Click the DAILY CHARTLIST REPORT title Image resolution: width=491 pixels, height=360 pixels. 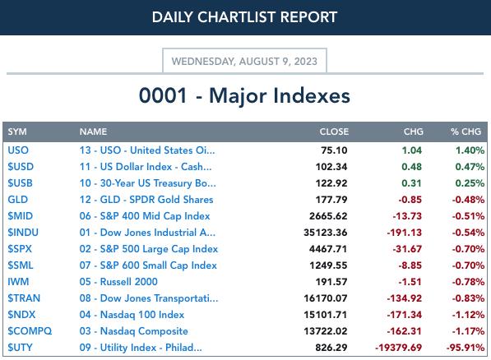pos(244,17)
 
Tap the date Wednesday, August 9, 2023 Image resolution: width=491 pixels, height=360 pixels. pos(244,61)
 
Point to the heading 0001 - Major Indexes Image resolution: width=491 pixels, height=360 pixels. pos(244,95)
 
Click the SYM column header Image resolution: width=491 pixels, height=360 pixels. pos(17,132)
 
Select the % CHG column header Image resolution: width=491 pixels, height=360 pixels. pos(466,132)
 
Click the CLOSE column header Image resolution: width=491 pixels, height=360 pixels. pos(334,132)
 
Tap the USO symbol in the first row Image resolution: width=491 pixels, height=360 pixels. pos(18,150)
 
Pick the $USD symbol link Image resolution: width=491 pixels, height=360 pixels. pos(21,167)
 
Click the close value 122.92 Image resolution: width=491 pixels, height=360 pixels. pos(331,183)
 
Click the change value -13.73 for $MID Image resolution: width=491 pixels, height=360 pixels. pos(407,216)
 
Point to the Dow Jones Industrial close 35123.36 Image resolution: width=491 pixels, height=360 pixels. pos(326,233)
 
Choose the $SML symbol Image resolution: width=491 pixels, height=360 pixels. pos(21,265)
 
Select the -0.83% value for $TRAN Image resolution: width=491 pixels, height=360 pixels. pos(468,298)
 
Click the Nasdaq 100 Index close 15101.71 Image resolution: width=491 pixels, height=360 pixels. pos(326,315)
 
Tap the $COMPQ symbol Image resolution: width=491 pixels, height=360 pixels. pos(30,331)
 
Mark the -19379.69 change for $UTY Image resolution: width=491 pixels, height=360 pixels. pos(398,348)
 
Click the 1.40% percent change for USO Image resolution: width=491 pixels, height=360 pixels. pos(470,150)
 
